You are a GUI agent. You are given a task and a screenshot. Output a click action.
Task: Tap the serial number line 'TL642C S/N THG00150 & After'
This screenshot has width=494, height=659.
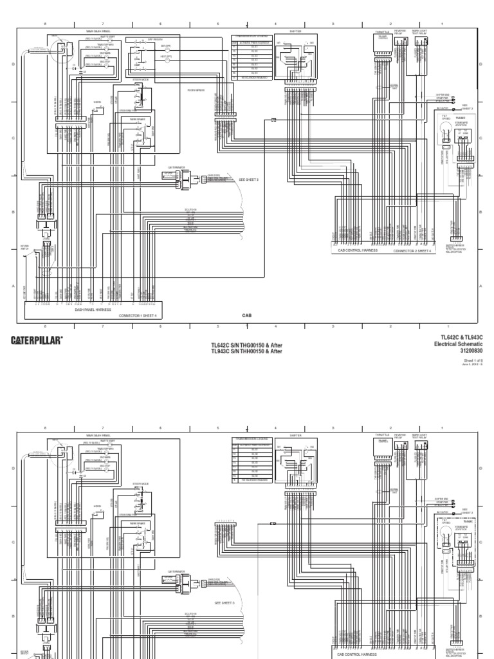click(x=247, y=346)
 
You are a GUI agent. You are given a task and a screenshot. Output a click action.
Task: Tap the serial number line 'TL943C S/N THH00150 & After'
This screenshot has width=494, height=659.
click(x=247, y=351)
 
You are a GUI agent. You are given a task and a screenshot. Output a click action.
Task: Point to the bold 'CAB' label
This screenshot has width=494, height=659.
click(x=247, y=315)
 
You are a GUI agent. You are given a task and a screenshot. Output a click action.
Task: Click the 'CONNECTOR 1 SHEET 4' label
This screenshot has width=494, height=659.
click(x=137, y=316)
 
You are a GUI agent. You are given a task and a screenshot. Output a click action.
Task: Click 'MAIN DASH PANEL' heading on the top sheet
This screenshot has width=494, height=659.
click(x=99, y=30)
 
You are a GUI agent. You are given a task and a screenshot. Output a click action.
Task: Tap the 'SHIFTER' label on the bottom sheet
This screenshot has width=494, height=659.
click(x=295, y=436)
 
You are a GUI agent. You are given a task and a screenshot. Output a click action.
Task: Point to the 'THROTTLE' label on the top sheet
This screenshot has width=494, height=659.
click(x=382, y=30)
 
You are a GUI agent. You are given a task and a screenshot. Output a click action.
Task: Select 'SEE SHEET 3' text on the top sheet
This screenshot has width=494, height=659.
click(x=249, y=180)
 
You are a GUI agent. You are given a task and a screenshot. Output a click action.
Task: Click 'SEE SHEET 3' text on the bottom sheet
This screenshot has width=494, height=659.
click(x=224, y=602)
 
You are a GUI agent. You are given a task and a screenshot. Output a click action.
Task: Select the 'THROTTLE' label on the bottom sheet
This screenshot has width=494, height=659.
click(x=382, y=436)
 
